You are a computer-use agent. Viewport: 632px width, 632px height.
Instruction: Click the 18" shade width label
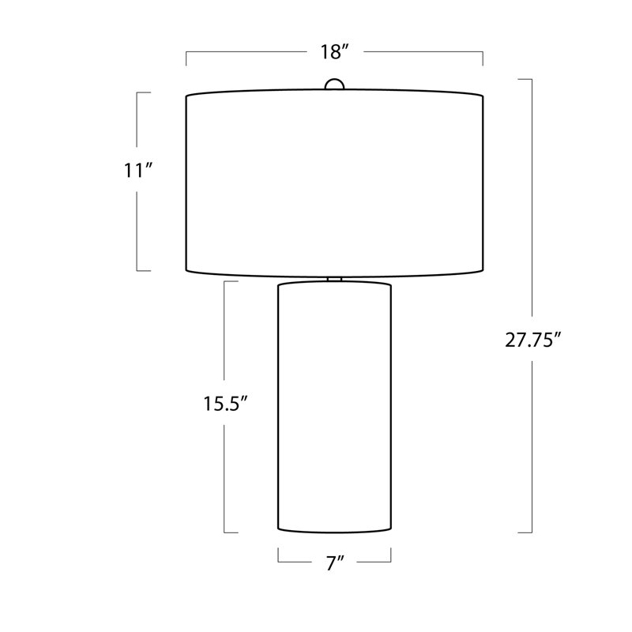pyautogui.click(x=334, y=52)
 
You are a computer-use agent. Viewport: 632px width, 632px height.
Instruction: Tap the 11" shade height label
pyautogui.click(x=138, y=170)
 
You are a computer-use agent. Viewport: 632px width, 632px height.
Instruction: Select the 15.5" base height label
pyautogui.click(x=225, y=404)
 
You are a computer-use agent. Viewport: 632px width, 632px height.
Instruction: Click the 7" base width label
pyautogui.click(x=334, y=562)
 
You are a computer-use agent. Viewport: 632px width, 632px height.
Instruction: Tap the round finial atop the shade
pyautogui.click(x=334, y=84)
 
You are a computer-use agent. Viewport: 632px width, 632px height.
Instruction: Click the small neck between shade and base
pyautogui.click(x=334, y=280)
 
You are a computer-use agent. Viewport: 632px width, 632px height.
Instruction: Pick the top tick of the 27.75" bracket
pyautogui.click(x=525, y=79)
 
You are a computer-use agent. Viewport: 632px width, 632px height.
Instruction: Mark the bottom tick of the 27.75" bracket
pyautogui.click(x=525, y=532)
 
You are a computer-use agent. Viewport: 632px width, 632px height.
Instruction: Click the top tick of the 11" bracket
pyautogui.click(x=144, y=92)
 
